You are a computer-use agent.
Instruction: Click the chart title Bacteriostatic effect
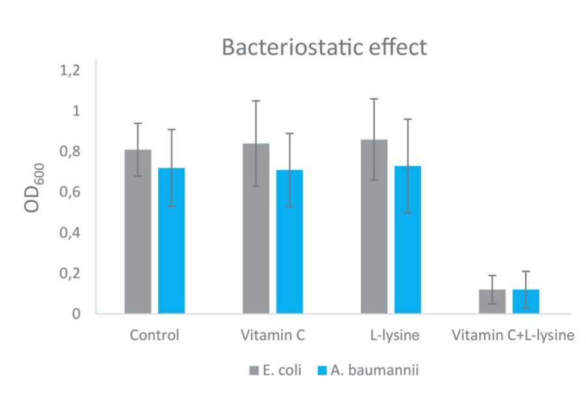point(324,47)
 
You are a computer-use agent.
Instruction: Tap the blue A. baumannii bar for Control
point(171,241)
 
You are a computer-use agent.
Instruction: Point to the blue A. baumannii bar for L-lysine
point(408,239)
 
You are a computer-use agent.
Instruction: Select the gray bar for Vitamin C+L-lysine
point(492,301)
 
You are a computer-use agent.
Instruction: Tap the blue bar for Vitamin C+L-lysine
point(525,301)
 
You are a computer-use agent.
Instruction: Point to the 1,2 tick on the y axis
point(69,70)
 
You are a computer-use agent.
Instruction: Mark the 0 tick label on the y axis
point(76,314)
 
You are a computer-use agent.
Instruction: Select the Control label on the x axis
point(154,336)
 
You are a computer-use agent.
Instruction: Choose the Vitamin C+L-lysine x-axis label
point(513,336)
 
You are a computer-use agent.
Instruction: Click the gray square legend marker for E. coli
point(254,371)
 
